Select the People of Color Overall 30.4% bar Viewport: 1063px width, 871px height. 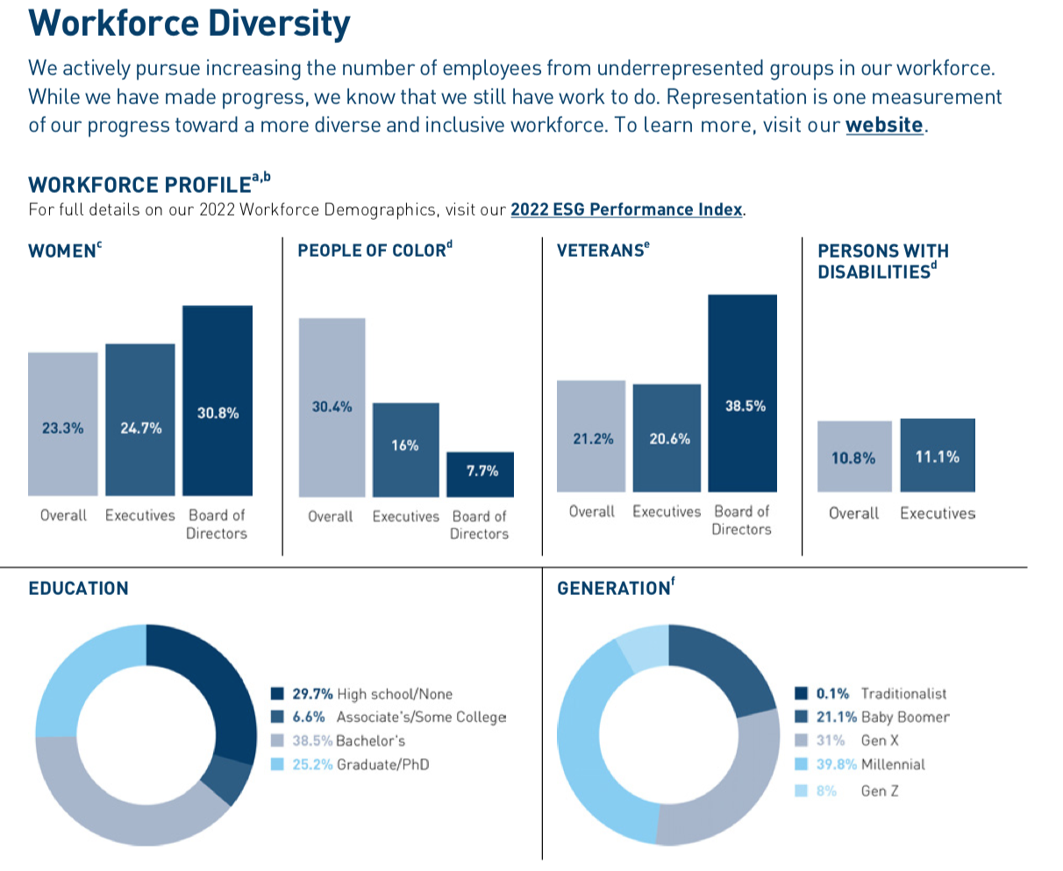pos(332,407)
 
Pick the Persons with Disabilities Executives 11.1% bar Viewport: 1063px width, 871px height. pos(938,455)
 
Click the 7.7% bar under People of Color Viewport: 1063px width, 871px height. pos(481,474)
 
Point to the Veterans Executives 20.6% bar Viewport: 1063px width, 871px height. pos(667,437)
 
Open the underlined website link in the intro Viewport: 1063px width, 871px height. pos(884,124)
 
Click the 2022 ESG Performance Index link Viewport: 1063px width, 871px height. pos(626,209)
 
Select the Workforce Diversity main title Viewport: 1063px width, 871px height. pos(189,23)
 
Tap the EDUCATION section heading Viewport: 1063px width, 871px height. pos(78,588)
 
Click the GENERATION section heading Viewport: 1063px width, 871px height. pos(615,588)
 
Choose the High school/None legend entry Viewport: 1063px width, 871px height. pos(363,694)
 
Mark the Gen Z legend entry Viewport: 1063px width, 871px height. pos(848,790)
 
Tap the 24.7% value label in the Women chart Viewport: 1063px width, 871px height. pos(140,428)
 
